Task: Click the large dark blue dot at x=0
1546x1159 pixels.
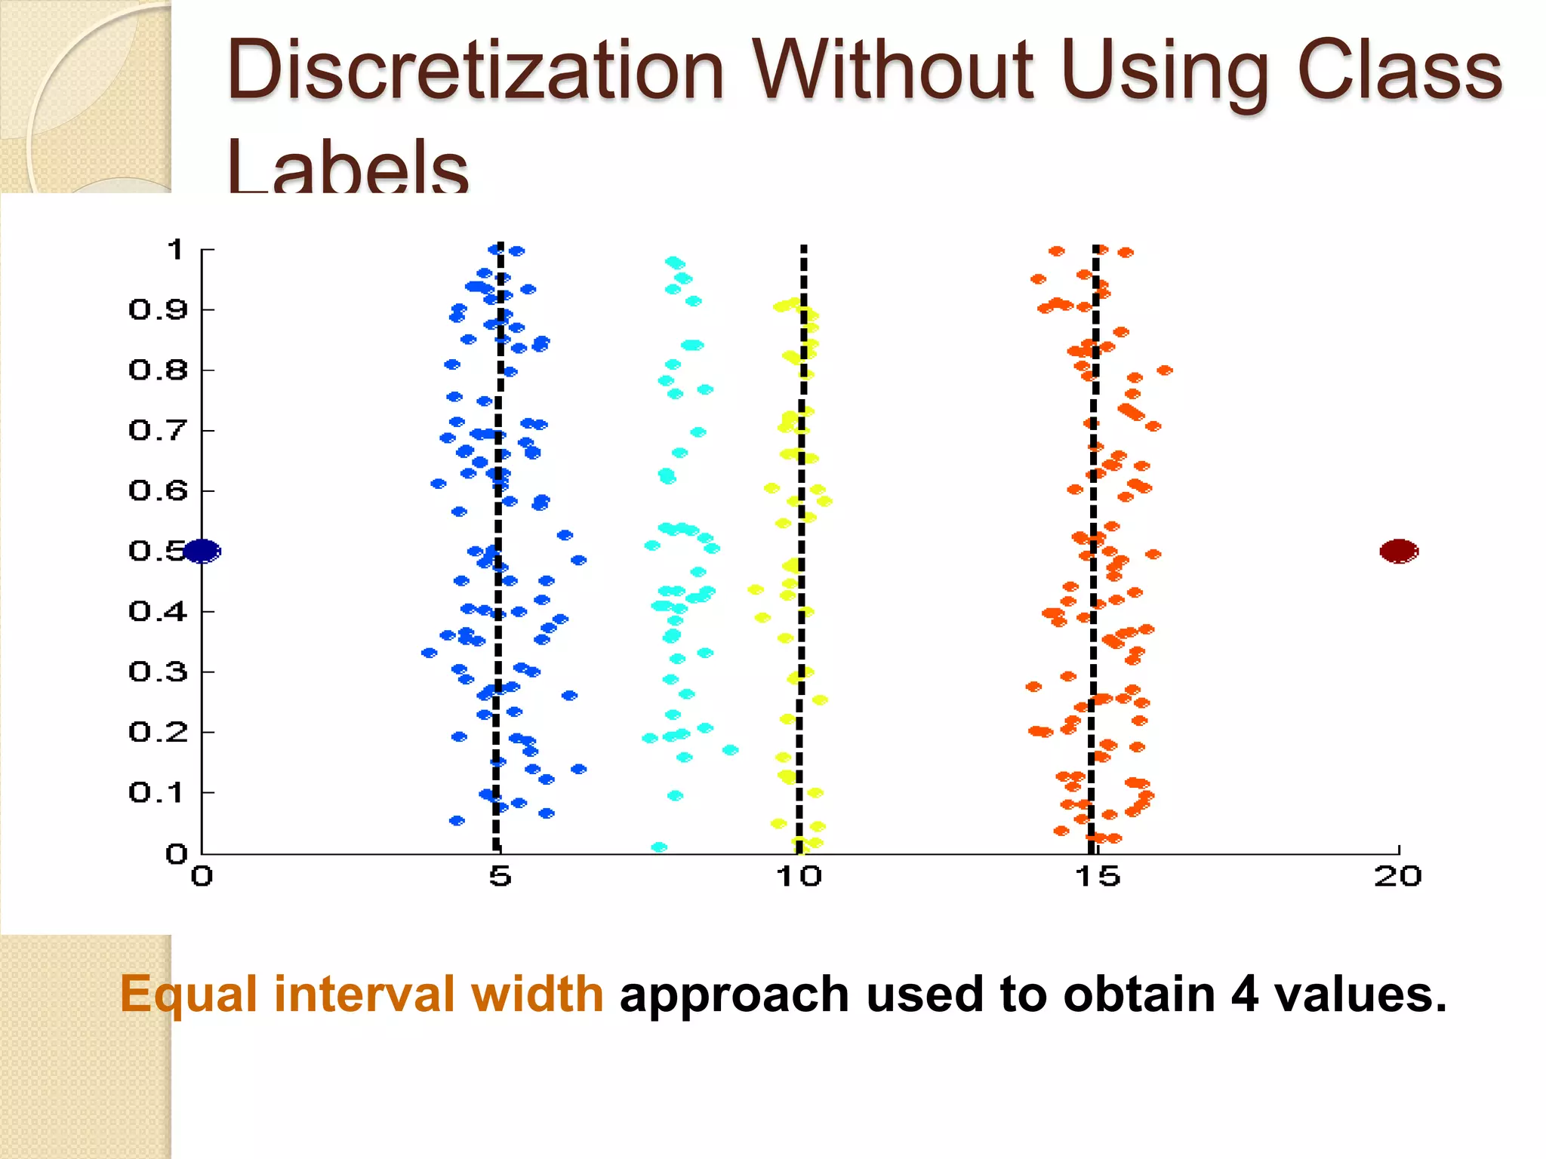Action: pos(202,552)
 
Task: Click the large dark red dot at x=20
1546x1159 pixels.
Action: pos(1399,552)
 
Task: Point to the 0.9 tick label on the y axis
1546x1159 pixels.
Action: pos(157,309)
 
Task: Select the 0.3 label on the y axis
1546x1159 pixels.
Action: pos(157,672)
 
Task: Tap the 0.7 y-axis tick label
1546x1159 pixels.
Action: pos(157,430)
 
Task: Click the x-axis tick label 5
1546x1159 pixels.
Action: pos(500,877)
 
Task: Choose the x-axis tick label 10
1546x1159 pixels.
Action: pos(799,877)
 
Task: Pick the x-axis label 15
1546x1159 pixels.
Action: pos(1097,877)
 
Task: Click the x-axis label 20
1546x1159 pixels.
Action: pos(1397,877)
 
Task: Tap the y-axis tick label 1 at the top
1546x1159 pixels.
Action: pos(175,249)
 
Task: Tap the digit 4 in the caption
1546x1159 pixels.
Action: pos(1244,995)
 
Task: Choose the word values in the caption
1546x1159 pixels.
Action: pos(1359,995)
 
